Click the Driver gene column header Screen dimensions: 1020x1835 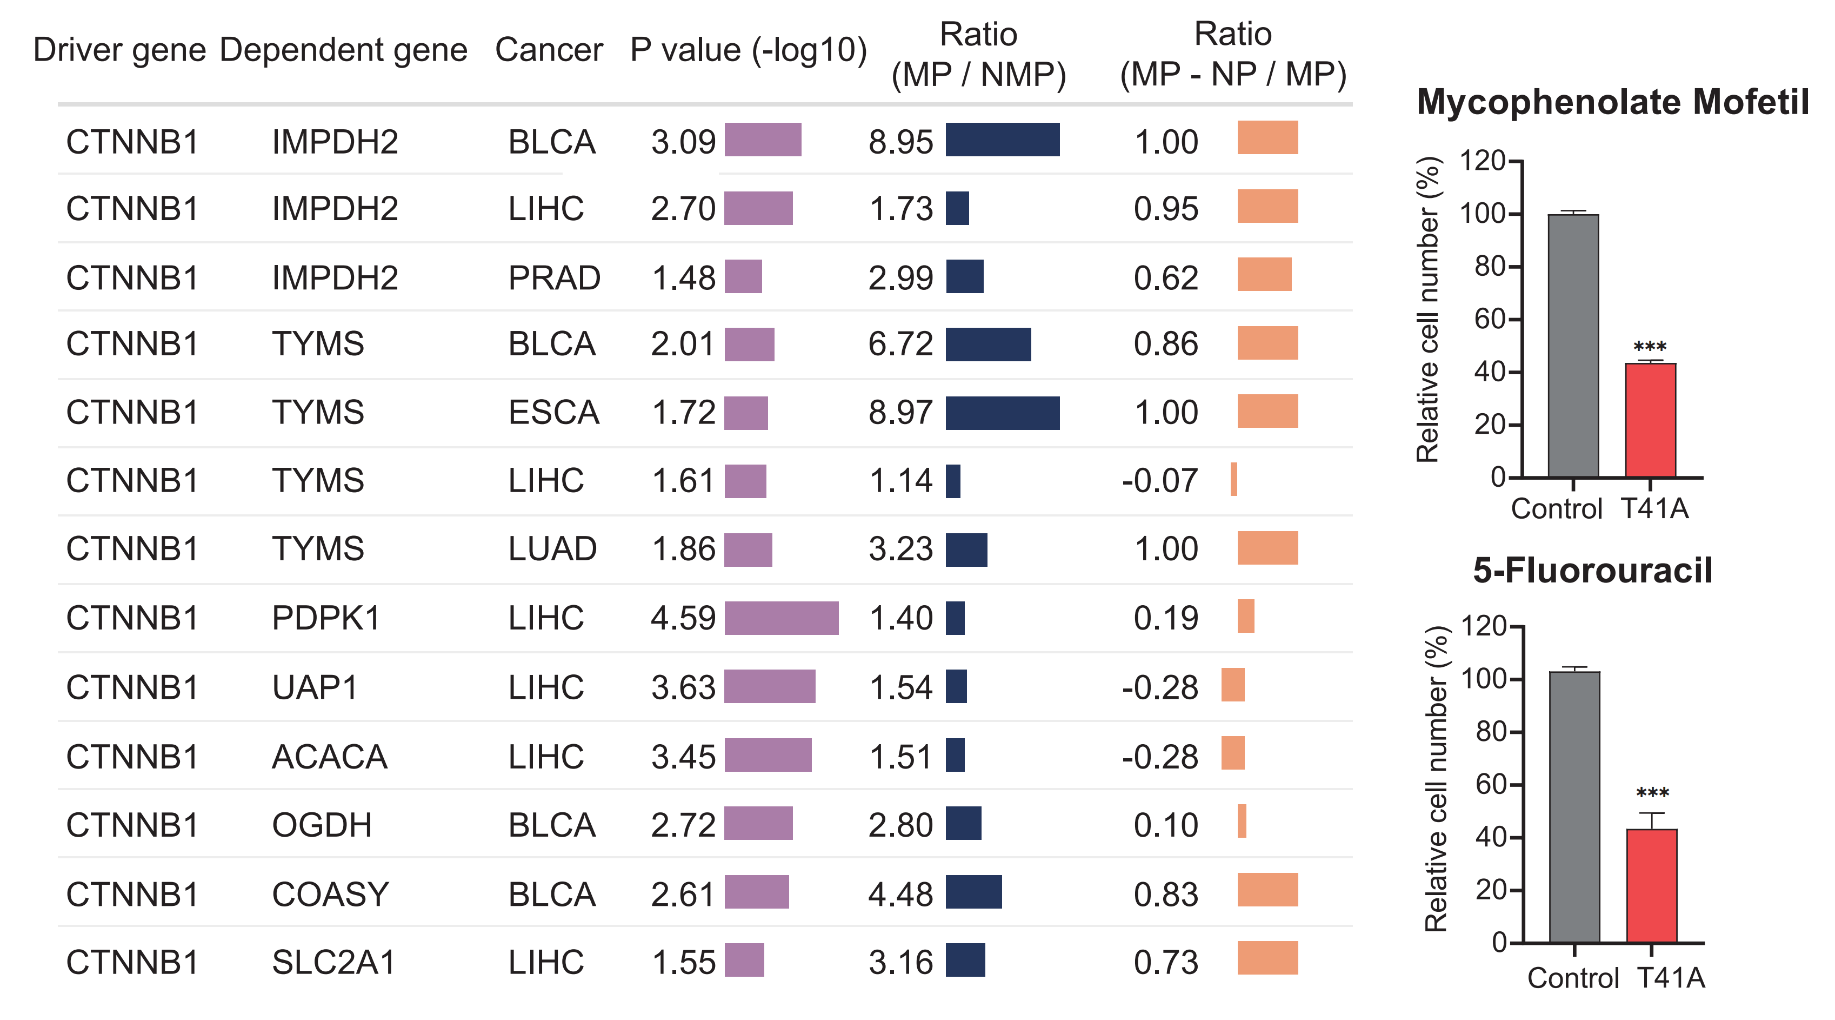(119, 50)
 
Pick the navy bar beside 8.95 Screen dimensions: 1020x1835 (1002, 140)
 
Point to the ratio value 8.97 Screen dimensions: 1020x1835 (900, 413)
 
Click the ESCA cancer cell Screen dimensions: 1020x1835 (553, 413)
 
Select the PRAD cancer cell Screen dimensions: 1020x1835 (554, 278)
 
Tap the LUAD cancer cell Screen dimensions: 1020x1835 (552, 549)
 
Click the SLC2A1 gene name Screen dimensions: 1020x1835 (332, 962)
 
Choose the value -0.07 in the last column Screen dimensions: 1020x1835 (1160, 480)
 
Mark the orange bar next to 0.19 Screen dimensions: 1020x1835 (1245, 617)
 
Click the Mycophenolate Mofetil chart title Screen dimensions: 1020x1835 (1612, 102)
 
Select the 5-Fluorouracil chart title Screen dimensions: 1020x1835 (1592, 570)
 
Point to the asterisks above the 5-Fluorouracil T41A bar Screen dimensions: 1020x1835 (1652, 793)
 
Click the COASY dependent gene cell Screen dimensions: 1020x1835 (330, 895)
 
